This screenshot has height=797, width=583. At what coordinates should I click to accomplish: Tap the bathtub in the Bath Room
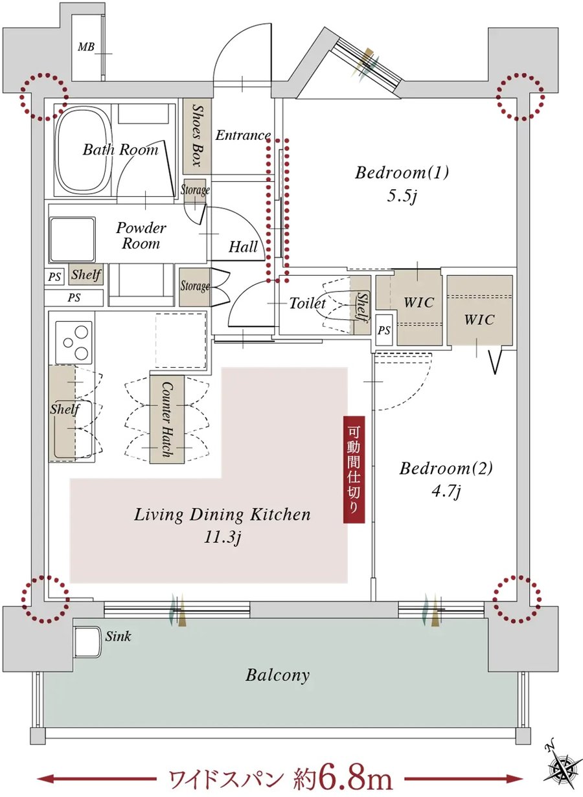pyautogui.click(x=83, y=152)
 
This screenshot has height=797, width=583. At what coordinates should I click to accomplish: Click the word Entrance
pyautogui.click(x=243, y=135)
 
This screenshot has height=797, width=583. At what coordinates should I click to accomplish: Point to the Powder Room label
pyautogui.click(x=141, y=236)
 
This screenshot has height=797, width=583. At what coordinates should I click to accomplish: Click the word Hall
pyautogui.click(x=244, y=247)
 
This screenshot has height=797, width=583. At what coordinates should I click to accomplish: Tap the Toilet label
pyautogui.click(x=307, y=303)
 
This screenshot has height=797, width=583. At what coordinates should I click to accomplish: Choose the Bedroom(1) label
pyautogui.click(x=402, y=173)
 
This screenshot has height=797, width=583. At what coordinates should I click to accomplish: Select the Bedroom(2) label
pyautogui.click(x=446, y=468)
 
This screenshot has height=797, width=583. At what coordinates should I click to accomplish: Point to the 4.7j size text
pyautogui.click(x=446, y=491)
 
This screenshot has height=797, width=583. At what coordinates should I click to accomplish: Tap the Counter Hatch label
pyautogui.click(x=165, y=419)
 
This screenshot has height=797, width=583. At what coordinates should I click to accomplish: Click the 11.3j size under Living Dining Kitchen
pyautogui.click(x=222, y=537)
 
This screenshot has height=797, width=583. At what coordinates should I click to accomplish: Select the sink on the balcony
pyautogui.click(x=87, y=642)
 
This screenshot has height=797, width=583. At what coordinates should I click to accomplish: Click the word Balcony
pyautogui.click(x=277, y=675)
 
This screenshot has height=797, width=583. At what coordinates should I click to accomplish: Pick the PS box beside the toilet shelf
pyautogui.click(x=384, y=330)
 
